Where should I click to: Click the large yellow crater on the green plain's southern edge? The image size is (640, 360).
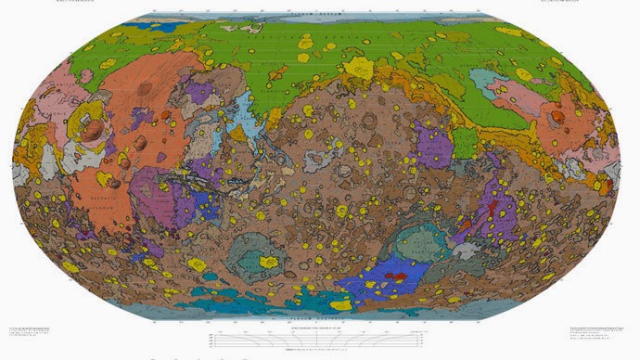(x=358, y=68)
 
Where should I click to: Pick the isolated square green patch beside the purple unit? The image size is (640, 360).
(x=464, y=144)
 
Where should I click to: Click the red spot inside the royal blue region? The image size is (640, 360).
(x=396, y=276)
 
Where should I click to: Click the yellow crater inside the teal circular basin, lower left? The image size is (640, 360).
(x=268, y=263)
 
